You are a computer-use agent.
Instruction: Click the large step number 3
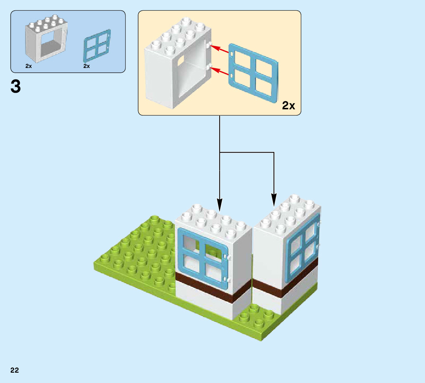pyautogui.click(x=16, y=87)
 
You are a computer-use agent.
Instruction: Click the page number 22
pyautogui.click(x=15, y=370)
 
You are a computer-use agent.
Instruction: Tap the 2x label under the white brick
pyautogui.click(x=28, y=66)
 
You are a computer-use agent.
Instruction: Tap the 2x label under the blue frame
pyautogui.click(x=87, y=66)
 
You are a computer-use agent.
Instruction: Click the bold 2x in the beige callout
pyautogui.click(x=288, y=106)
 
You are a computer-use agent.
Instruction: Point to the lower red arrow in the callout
pyautogui.click(x=221, y=72)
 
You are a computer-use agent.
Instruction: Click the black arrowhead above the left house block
pyautogui.click(x=220, y=204)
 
